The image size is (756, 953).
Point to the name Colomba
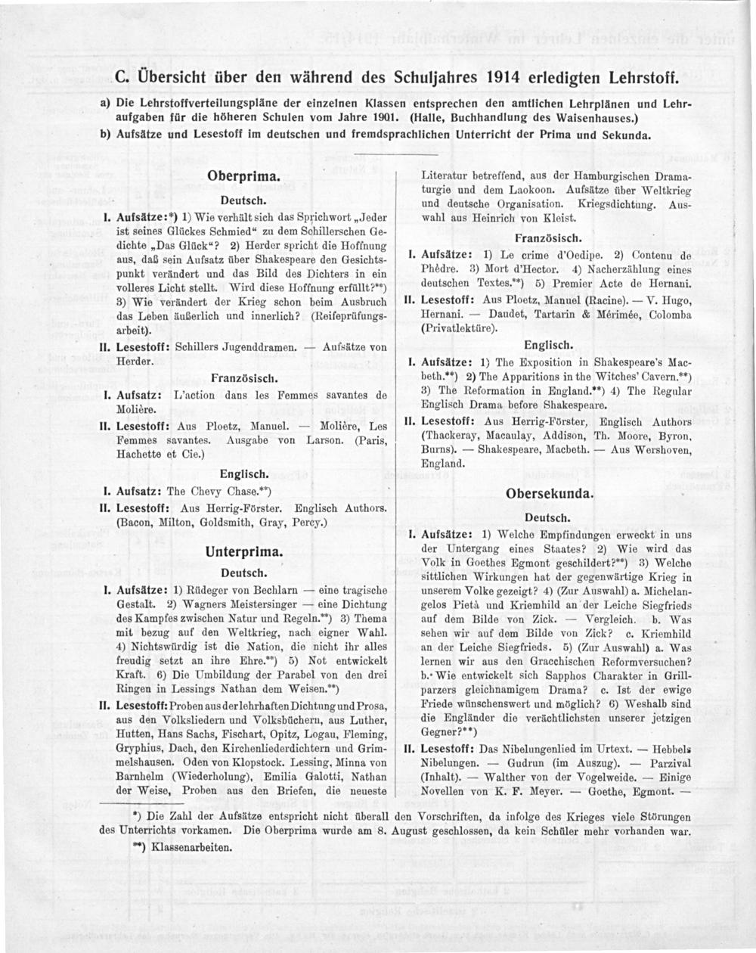668,314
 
